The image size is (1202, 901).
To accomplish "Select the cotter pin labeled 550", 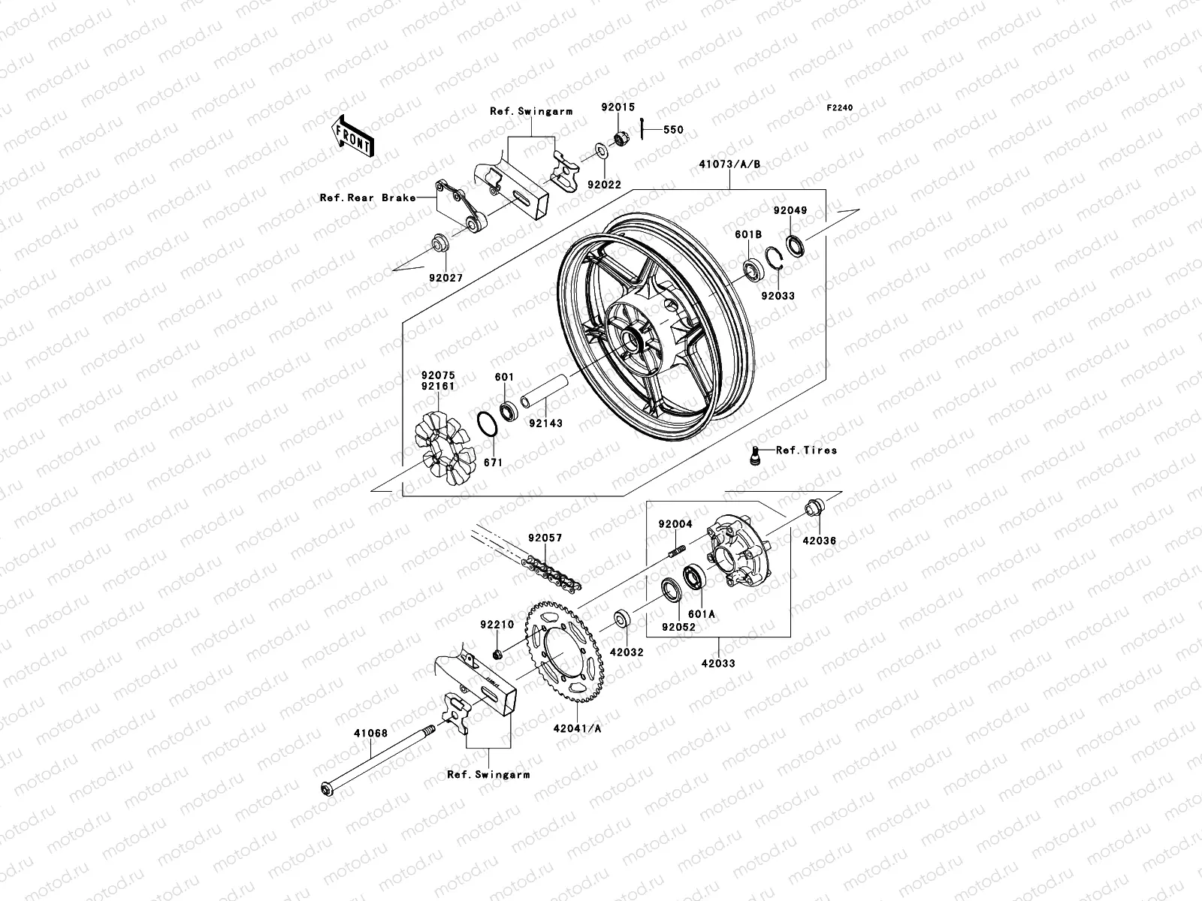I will pos(645,128).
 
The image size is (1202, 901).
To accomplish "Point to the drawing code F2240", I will pos(841,108).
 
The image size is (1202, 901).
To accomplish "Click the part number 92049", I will pos(791,211).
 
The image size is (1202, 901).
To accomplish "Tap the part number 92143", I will pos(545,423).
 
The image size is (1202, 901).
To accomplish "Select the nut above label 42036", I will pos(814,508).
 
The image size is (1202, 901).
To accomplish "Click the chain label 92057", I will pos(545,538).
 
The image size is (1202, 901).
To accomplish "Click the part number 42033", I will pos(718,664).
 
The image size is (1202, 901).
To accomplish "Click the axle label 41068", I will pos(371,733).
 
